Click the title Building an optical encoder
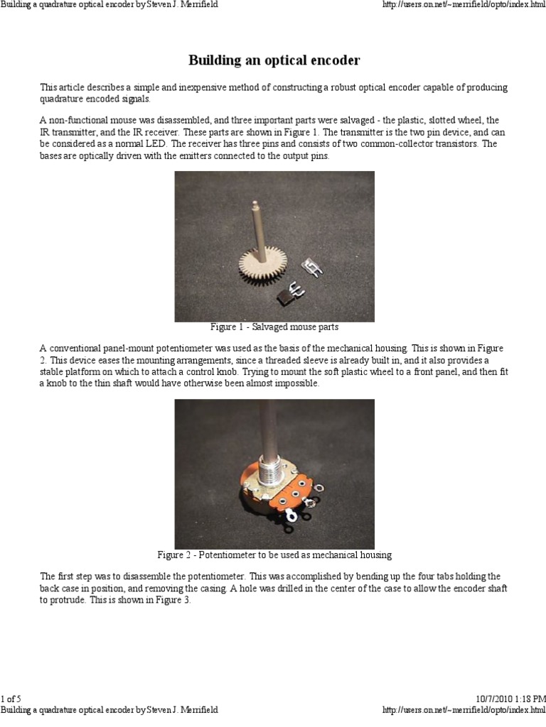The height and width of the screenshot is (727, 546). point(274,60)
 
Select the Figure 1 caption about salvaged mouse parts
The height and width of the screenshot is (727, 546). point(274,327)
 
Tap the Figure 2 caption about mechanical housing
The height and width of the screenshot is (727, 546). point(274,554)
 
